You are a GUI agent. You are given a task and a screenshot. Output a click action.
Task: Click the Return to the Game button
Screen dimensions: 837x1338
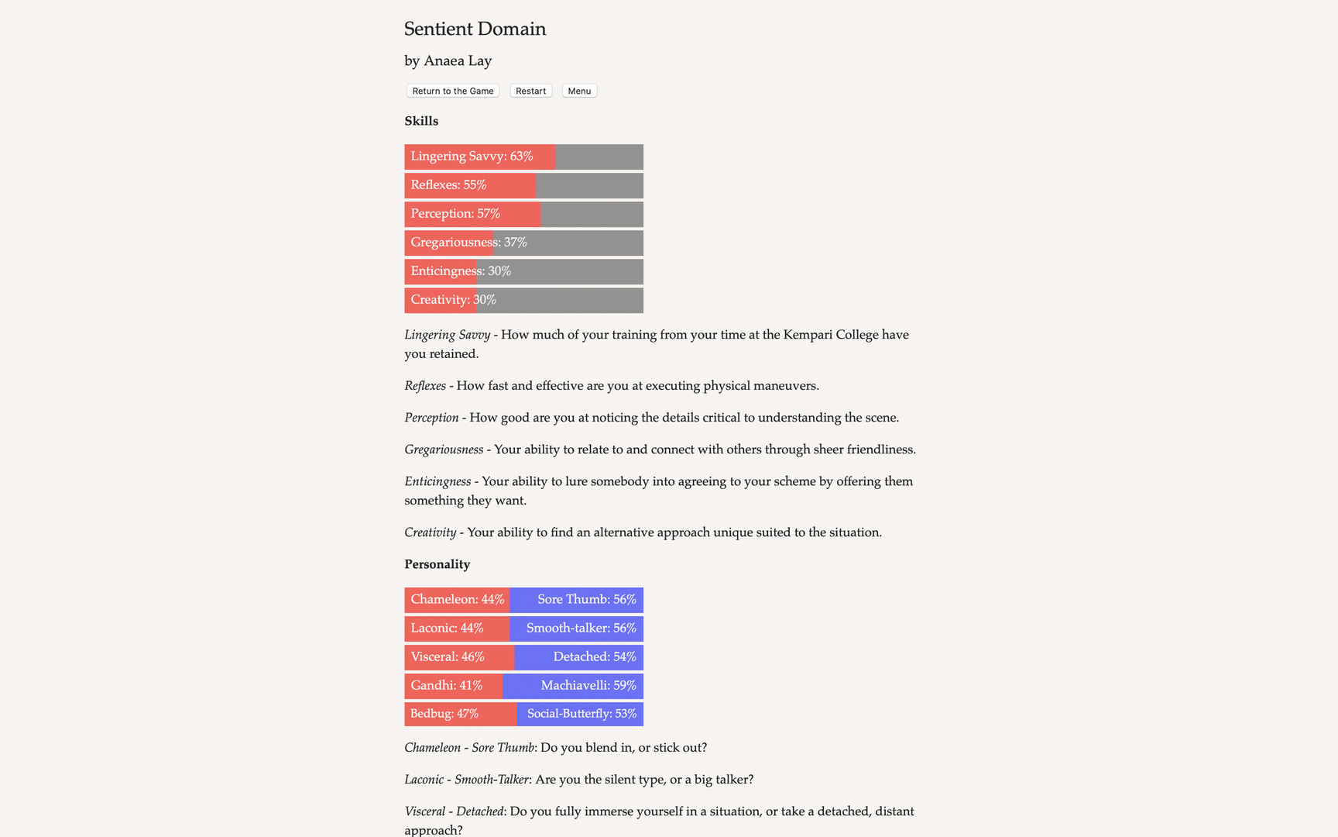tap(453, 91)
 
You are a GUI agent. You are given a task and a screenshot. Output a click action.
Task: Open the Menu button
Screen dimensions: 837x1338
tap(579, 91)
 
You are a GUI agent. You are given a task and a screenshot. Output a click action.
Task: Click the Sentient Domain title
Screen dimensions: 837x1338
tap(475, 29)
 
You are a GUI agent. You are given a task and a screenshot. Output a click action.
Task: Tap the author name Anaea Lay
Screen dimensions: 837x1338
tap(457, 60)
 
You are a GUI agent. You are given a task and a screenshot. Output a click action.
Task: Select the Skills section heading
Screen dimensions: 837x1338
tap(421, 121)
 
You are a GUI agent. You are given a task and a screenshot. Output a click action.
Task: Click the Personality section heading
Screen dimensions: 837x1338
tap(437, 564)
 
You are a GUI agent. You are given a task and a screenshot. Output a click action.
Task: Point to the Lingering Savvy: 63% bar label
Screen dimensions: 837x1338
tap(472, 157)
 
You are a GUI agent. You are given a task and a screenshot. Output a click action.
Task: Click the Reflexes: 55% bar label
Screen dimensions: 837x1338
tap(448, 185)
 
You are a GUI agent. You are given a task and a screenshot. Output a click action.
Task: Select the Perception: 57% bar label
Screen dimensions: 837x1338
tap(455, 214)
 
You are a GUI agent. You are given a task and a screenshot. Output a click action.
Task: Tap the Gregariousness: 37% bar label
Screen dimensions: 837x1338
tap(468, 243)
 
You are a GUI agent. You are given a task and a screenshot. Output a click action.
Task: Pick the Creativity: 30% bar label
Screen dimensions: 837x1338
tap(453, 300)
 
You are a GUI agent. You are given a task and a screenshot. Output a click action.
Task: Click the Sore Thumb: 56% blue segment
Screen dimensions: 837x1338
tap(586, 600)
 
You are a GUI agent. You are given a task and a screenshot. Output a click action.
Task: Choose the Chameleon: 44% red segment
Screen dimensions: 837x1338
tap(457, 600)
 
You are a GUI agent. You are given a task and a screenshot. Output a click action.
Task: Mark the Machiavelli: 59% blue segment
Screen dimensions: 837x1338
tap(588, 686)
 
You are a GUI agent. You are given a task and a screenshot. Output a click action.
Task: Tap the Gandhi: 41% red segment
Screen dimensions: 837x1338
tap(447, 686)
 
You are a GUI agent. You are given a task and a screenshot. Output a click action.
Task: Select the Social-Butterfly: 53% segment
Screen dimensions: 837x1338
tap(582, 714)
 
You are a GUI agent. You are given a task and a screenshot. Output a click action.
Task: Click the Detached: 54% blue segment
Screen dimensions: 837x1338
tap(594, 657)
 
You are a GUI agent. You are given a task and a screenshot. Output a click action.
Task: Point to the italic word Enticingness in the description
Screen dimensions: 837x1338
tap(437, 481)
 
